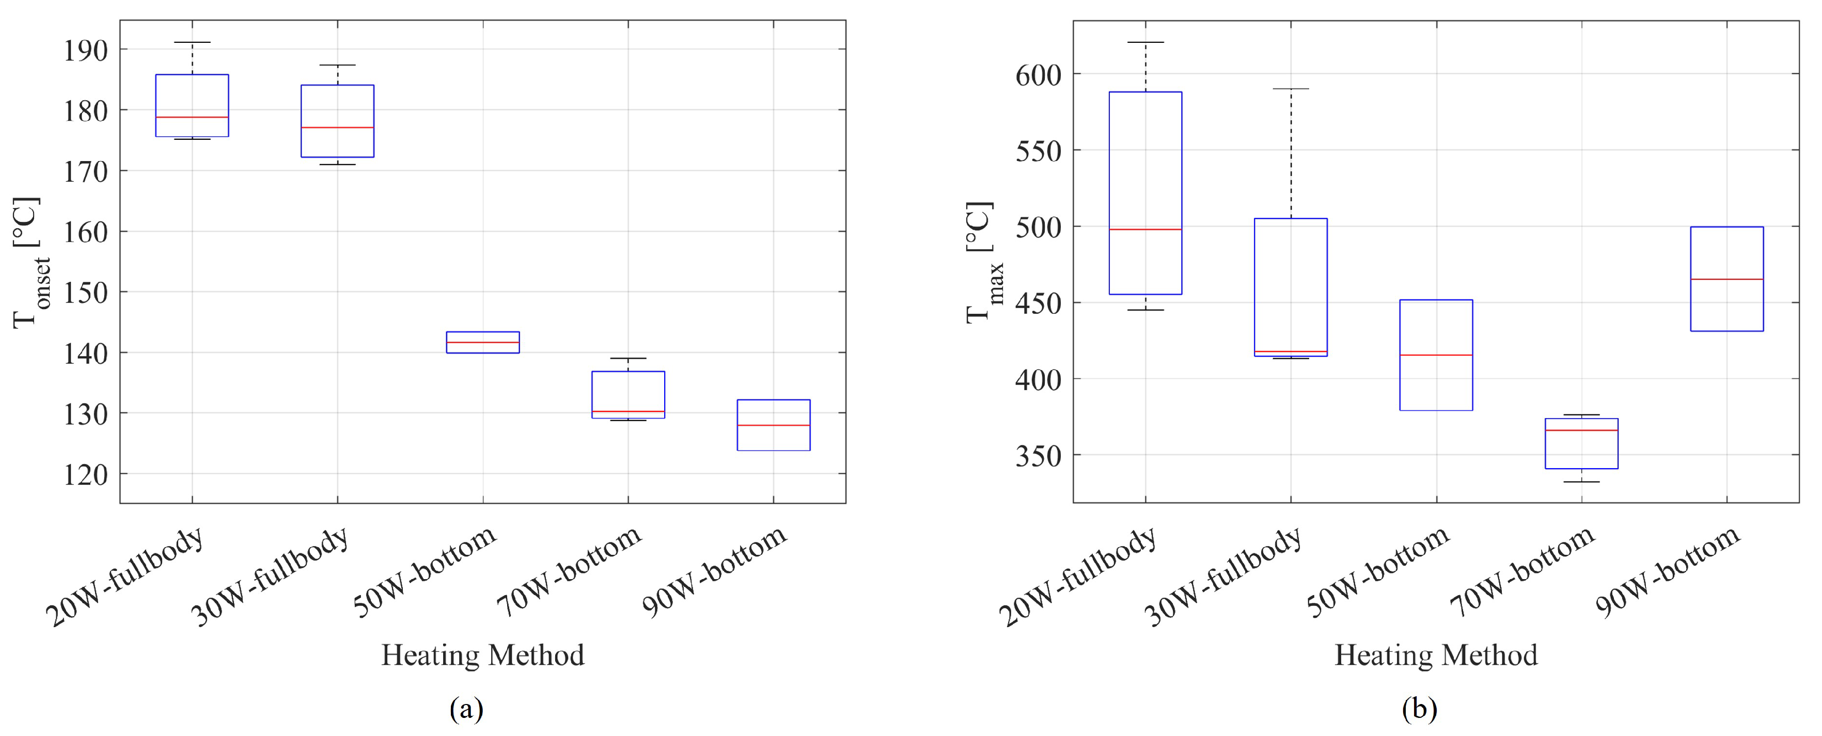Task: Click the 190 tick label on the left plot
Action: click(86, 51)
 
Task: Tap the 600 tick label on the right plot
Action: click(1039, 75)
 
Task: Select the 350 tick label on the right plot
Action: click(1039, 456)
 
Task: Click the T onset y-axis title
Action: click(30, 263)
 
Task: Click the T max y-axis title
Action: click(984, 263)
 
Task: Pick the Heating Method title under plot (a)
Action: click(482, 655)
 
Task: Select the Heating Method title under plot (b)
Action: click(1436, 655)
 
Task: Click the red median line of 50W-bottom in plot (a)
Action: click(482, 342)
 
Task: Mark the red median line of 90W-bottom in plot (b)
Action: click(1726, 279)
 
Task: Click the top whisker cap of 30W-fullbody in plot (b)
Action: click(1290, 89)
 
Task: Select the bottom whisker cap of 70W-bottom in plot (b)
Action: click(1581, 482)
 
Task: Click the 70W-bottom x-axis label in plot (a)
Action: click(569, 571)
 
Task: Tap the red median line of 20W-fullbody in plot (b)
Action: click(1145, 229)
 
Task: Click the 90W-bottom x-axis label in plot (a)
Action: click(714, 571)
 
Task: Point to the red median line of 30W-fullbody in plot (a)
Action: click(337, 127)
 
